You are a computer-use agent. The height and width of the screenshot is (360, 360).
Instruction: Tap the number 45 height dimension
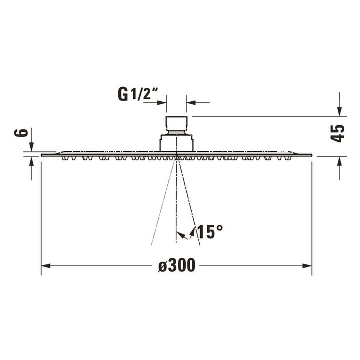click(337, 133)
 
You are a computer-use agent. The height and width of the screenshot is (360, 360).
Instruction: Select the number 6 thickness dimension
click(21, 133)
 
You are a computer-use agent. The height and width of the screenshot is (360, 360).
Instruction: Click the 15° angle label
click(210, 232)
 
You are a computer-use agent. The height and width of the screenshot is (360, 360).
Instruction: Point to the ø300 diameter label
click(177, 265)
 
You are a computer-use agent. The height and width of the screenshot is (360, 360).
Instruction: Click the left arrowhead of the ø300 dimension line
click(46, 266)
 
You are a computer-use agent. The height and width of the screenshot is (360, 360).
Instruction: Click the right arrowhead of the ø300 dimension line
click(307, 266)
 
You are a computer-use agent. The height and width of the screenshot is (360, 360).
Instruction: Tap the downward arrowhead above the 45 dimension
click(339, 112)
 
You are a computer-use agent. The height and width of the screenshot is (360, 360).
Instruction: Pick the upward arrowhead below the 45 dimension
click(339, 161)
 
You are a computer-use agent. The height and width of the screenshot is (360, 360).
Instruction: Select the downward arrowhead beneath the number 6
click(31, 147)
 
